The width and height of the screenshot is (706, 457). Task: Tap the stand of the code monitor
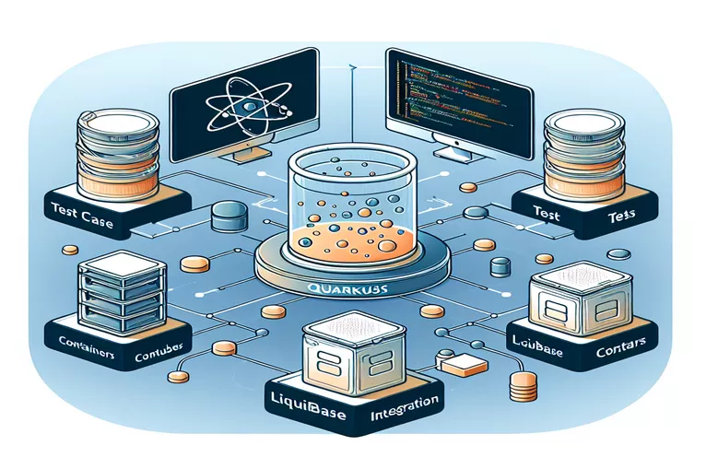tap(452, 148)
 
